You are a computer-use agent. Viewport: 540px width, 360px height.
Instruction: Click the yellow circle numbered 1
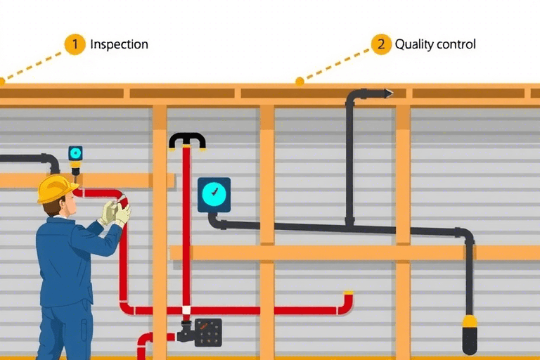click(x=75, y=44)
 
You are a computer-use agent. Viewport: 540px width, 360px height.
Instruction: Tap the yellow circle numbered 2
click(x=380, y=44)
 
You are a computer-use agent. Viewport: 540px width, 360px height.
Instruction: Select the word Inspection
click(x=119, y=44)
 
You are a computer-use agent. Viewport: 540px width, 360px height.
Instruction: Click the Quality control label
click(x=435, y=44)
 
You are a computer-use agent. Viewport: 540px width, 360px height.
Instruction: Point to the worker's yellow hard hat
click(x=56, y=188)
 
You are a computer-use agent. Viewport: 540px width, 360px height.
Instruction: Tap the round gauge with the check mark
click(x=214, y=194)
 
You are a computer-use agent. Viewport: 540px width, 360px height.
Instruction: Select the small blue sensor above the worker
click(x=75, y=153)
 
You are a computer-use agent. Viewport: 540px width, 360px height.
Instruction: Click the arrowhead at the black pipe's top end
click(x=387, y=93)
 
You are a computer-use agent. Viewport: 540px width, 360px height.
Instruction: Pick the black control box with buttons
click(x=208, y=332)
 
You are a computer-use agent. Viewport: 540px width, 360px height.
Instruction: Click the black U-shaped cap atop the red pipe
click(x=187, y=139)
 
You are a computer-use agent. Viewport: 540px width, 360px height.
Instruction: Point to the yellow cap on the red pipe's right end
click(x=347, y=292)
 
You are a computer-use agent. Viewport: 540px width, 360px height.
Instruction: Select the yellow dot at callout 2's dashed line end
click(x=300, y=81)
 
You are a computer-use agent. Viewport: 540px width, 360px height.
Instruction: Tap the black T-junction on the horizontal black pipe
click(x=349, y=224)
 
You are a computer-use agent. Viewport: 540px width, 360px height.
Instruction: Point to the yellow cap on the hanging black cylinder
click(x=469, y=321)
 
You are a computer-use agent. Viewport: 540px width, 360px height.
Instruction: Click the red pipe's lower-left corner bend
click(x=126, y=308)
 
